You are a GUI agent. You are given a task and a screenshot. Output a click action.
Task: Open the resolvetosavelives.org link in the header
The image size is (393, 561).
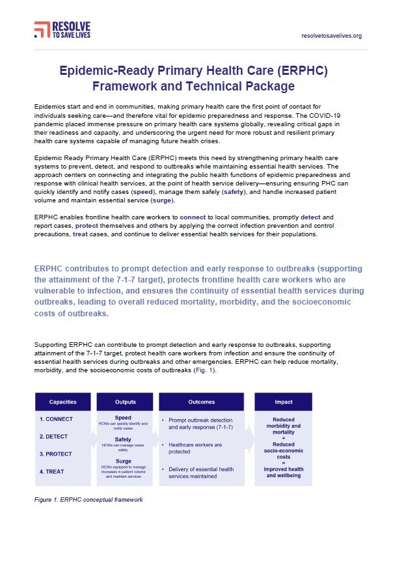[332, 36]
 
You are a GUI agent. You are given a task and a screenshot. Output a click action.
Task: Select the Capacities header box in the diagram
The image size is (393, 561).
[62, 401]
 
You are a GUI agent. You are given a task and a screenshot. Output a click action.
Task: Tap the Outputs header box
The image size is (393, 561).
[125, 401]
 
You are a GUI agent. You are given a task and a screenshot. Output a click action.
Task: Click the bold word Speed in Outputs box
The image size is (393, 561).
[123, 418]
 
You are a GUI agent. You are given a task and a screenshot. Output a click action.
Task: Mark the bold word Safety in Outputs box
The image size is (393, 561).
[123, 439]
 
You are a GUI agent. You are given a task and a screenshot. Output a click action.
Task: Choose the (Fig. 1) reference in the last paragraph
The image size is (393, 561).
[202, 370]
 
